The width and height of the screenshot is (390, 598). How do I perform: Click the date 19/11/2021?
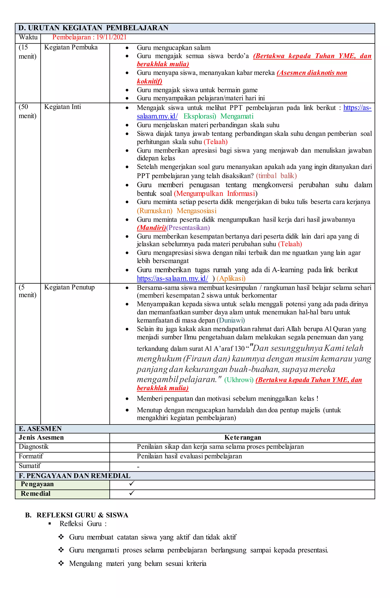tap(111, 37)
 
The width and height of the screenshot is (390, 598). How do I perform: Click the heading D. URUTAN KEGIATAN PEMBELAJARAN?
tap(93, 28)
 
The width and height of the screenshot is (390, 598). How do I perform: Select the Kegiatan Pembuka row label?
tap(71, 47)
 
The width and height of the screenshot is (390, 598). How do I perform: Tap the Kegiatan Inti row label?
tap(63, 107)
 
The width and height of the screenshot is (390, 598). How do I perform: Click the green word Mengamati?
tap(237, 116)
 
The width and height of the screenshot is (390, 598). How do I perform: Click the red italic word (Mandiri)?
tap(151, 228)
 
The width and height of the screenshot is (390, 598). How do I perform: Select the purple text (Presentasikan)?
tap(188, 228)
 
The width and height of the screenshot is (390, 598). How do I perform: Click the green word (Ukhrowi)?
tap(239, 380)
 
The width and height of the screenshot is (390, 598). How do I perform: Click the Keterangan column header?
tap(242, 438)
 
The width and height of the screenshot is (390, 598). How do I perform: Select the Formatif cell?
tap(31, 456)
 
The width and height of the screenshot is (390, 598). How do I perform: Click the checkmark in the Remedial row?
tap(132, 493)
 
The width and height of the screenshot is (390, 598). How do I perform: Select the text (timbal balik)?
tap(276, 176)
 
